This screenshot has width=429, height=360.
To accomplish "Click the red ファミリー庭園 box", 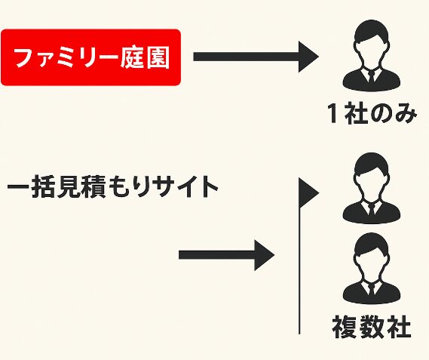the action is pyautogui.click(x=90, y=57).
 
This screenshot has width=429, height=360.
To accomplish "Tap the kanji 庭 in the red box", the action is pyautogui.click(x=132, y=58).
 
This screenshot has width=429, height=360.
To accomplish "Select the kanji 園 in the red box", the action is pyautogui.click(x=158, y=58).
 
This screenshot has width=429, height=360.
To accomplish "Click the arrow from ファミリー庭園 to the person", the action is pyautogui.click(x=256, y=57).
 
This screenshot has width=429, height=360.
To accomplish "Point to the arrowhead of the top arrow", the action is pyautogui.click(x=308, y=57).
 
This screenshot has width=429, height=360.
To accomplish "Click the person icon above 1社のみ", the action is pyautogui.click(x=371, y=55).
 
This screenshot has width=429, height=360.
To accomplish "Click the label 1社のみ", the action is pyautogui.click(x=372, y=113).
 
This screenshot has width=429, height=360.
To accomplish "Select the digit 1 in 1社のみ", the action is pyautogui.click(x=332, y=113).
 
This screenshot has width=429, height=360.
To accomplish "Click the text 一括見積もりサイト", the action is pyautogui.click(x=112, y=187).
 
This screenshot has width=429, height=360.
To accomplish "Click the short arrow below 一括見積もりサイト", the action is pyautogui.click(x=226, y=255).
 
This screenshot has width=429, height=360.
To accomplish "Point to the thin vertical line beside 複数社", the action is pyautogui.click(x=299, y=270).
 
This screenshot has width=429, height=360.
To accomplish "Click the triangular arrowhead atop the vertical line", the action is pyautogui.click(x=308, y=193).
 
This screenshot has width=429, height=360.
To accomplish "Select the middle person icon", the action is pyautogui.click(x=371, y=188).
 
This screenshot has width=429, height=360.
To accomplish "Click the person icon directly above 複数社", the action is pyautogui.click(x=371, y=269).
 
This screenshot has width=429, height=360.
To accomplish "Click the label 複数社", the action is pyautogui.click(x=372, y=328).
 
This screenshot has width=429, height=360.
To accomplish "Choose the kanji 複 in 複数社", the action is pyautogui.click(x=345, y=328).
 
